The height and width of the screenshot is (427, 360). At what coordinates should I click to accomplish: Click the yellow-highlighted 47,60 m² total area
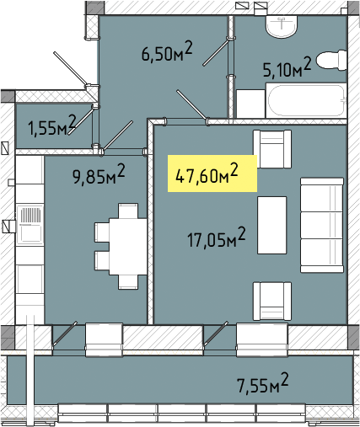207,174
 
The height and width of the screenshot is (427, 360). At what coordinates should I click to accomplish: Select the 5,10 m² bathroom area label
287,67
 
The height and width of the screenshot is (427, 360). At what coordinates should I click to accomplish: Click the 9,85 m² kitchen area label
99,174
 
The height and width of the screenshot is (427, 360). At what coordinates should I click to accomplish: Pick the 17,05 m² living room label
217,238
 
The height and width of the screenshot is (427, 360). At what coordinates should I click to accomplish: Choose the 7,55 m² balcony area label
263,383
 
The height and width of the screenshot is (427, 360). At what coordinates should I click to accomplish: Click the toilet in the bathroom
331,60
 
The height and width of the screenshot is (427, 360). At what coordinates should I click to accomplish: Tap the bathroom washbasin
282,26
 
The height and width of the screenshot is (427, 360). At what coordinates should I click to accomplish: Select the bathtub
306,100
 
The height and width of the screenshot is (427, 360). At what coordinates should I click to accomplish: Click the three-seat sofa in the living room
322,225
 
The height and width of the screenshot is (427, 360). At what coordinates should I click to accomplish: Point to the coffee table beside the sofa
272,225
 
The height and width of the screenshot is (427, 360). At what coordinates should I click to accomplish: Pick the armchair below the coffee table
272,302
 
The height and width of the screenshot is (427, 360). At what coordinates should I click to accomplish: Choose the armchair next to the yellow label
272,149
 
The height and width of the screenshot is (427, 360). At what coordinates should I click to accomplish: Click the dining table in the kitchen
128,247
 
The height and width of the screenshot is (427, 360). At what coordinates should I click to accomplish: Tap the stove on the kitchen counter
30,225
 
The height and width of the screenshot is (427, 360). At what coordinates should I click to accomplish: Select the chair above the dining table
128,211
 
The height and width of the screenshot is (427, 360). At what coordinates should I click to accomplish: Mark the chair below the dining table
128,282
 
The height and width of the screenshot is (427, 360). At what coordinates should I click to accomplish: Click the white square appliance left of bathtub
250,104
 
